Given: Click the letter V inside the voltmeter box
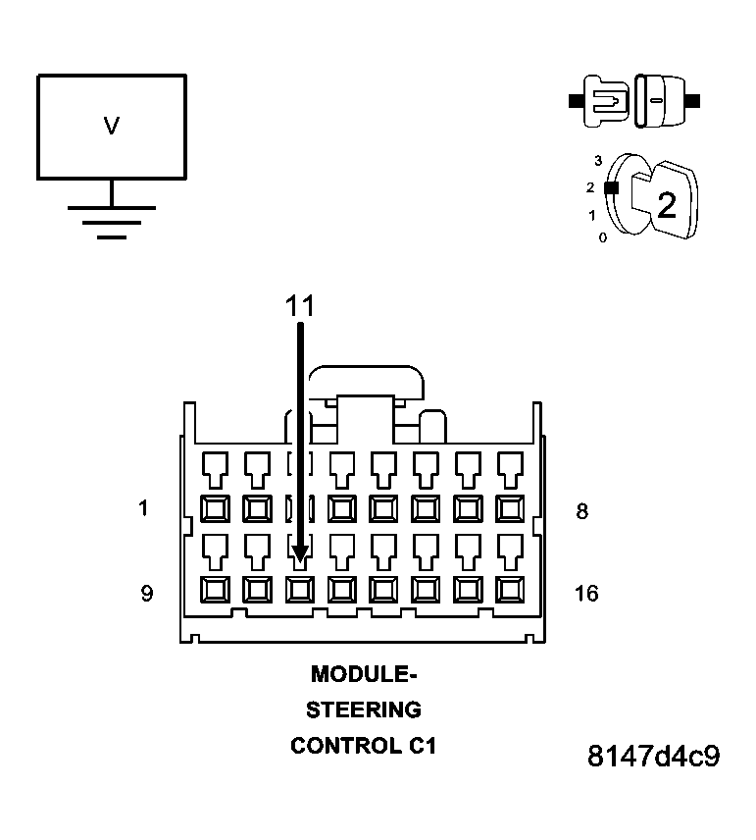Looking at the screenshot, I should (112, 126).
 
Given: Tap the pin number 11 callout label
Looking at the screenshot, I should (300, 306).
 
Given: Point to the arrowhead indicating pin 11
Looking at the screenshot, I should (300, 555).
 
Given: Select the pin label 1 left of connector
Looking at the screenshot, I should (144, 509).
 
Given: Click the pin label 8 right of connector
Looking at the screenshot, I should (581, 511).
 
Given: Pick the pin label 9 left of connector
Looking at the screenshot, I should (146, 594).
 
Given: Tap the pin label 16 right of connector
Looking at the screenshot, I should (586, 594).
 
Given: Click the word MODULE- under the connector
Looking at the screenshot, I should (364, 674).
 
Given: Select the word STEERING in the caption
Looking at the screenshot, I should (364, 709).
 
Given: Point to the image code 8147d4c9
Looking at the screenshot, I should (654, 758).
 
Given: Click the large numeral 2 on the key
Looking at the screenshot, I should (666, 206).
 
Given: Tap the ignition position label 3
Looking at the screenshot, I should (597, 159).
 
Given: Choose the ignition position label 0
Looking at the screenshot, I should (602, 237).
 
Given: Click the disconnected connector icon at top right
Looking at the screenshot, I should (634, 100).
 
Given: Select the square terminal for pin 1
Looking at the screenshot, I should (215, 508).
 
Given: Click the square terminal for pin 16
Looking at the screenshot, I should (510, 589).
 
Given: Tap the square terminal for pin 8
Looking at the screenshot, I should (510, 508).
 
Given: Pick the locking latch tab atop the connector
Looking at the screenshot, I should (364, 383).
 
